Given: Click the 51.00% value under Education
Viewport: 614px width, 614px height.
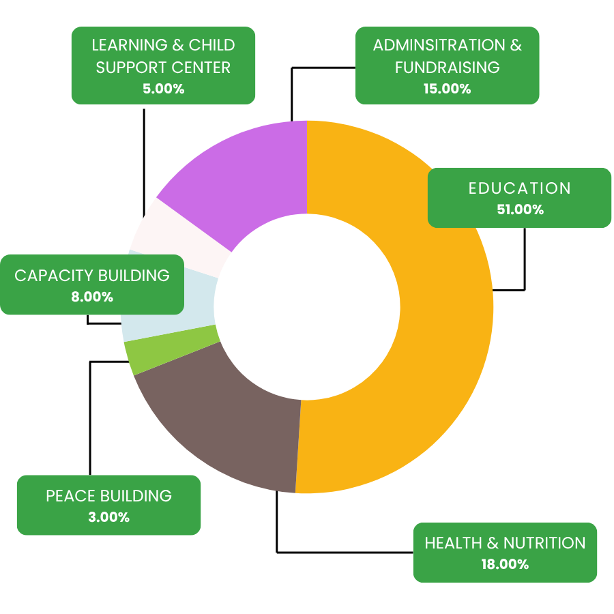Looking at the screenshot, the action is [520, 209].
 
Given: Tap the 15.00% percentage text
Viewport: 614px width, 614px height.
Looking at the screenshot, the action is [447, 89].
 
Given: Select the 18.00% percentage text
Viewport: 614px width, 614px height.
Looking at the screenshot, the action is [505, 564].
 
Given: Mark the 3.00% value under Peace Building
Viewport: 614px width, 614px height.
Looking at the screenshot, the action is [109, 517].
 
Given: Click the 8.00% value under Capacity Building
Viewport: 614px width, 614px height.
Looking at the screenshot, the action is [92, 297].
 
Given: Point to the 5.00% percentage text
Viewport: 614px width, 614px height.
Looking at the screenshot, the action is [163, 89].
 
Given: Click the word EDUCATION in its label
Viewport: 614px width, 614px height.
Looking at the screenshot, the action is [520, 188].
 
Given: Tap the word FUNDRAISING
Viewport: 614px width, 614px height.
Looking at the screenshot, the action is [447, 68].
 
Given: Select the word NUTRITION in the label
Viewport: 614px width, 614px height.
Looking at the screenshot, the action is [544, 543].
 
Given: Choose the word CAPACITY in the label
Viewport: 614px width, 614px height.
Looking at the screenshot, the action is [54, 276].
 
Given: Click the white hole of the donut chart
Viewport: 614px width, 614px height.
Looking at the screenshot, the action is [307, 307].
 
